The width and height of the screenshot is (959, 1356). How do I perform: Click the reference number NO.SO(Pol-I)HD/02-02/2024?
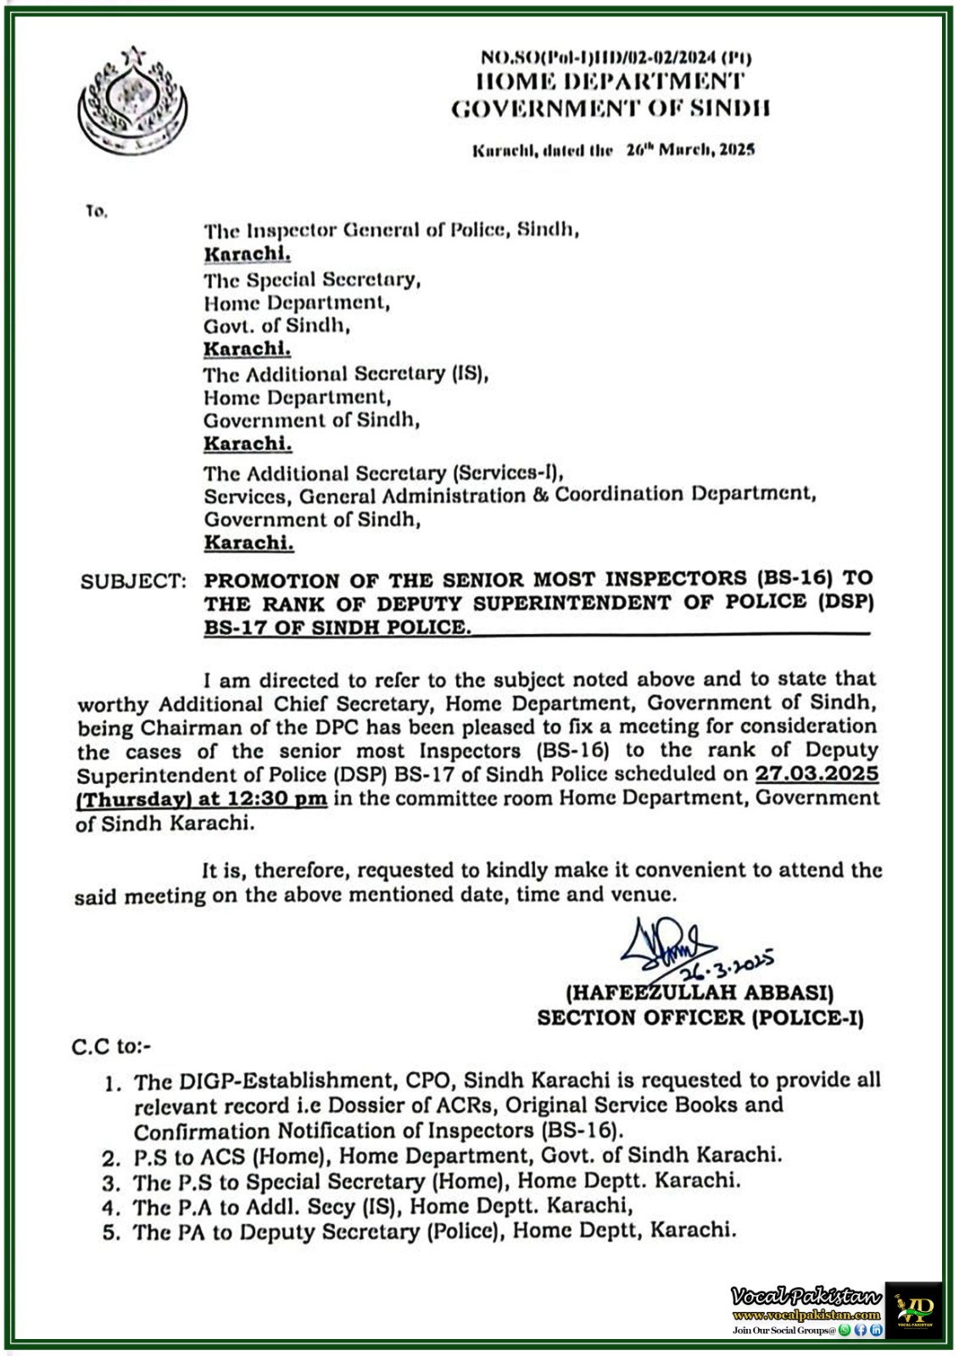(616, 58)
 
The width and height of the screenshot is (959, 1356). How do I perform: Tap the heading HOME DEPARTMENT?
(611, 81)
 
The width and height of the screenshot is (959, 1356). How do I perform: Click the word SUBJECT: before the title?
(133, 581)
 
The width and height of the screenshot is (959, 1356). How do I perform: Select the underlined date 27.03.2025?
(817, 774)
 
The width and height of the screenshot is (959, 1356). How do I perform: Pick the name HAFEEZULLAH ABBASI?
(700, 992)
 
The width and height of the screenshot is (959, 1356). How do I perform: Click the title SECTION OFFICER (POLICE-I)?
(700, 1018)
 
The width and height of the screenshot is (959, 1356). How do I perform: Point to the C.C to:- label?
(111, 1048)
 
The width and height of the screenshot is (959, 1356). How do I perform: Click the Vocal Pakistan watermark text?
(806, 1296)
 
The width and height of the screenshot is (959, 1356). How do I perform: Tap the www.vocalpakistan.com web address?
(806, 1314)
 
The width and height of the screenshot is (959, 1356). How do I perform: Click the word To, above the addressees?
(96, 211)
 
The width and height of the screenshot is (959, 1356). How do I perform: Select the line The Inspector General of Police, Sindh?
(391, 230)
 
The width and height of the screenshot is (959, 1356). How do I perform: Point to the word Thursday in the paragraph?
(132, 799)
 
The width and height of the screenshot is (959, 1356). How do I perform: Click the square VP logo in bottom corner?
(913, 1309)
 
